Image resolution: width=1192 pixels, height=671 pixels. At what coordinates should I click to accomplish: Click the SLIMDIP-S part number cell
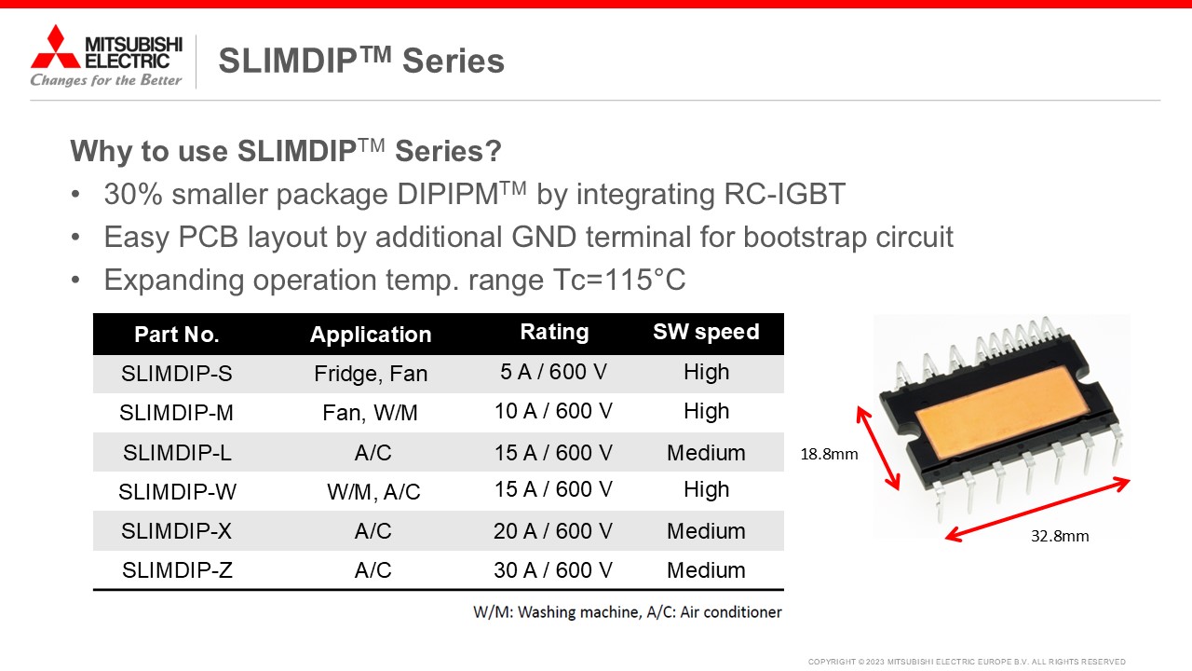177,374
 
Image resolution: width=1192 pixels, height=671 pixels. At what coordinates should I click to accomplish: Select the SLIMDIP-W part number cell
177,491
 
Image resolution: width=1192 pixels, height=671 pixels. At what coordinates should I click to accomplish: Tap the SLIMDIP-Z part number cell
177,570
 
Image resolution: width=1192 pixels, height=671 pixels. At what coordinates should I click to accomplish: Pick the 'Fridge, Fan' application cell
371,374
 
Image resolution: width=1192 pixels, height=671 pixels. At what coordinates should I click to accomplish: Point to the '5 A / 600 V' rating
553,372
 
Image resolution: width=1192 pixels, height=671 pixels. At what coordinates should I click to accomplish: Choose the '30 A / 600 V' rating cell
553,570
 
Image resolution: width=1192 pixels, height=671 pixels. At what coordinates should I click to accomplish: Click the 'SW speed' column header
706,332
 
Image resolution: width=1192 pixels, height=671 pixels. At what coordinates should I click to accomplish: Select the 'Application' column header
371,335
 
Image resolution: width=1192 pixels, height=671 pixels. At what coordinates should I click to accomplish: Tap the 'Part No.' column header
177,335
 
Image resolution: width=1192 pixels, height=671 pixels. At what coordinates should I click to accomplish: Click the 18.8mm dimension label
829,454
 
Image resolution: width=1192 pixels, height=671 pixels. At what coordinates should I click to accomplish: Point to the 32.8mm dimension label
1060,536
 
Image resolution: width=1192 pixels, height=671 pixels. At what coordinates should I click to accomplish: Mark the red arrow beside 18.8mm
878,448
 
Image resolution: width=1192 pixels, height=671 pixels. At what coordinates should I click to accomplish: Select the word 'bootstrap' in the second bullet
805,237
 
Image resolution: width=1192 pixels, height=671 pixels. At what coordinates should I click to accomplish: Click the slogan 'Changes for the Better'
106,80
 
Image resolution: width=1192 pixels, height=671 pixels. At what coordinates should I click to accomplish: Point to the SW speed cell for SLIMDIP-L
706,453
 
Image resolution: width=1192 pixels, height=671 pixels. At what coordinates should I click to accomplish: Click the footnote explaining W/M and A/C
628,612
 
